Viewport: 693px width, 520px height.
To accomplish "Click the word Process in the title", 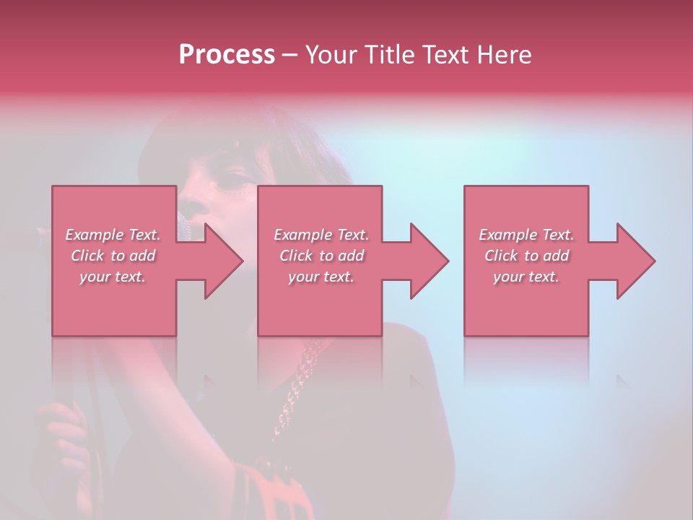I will pos(227,55).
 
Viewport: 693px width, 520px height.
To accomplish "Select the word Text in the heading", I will pos(443,55).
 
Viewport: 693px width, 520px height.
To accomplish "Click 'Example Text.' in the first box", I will pos(113,235).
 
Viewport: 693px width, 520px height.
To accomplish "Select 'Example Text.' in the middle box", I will pos(321,235).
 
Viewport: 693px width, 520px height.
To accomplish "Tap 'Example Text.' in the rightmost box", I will pos(526,235).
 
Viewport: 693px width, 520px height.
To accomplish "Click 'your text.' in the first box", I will pos(113,277).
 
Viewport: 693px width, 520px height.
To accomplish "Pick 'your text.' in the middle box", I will pos(321,277).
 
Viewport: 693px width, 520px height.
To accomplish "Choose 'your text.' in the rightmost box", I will pos(526,277).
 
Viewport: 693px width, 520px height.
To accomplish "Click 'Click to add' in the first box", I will pos(113,256).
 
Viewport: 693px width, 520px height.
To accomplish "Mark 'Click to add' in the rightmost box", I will pos(526,256).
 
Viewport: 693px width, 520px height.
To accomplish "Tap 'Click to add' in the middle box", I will pos(321,256).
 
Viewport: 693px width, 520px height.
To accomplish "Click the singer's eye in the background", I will pos(230,178).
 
